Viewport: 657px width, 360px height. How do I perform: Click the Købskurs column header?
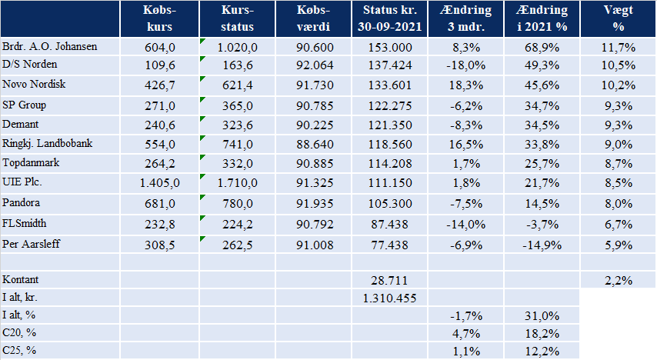click(x=160, y=18)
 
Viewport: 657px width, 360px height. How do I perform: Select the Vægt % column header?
click(x=618, y=18)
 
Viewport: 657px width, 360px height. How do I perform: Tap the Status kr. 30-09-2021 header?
click(x=390, y=18)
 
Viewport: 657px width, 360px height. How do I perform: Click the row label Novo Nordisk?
click(x=34, y=85)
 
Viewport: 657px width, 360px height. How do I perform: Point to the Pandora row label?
click(x=21, y=203)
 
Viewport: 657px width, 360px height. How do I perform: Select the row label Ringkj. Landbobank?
click(x=48, y=144)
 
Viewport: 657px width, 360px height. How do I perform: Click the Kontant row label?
click(x=20, y=279)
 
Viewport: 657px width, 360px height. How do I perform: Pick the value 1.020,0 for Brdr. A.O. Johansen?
click(x=237, y=48)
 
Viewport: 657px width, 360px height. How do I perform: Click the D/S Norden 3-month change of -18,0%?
click(x=465, y=65)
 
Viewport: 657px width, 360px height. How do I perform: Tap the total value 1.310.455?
click(x=390, y=298)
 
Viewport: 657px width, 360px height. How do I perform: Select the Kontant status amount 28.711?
click(x=390, y=280)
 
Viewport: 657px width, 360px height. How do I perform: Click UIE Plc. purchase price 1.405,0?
click(x=160, y=183)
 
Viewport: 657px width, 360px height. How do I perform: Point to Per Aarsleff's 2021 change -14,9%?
click(x=542, y=245)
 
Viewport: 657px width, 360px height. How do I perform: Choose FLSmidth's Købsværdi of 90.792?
click(x=315, y=224)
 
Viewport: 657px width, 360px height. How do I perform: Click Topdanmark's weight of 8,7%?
click(x=619, y=163)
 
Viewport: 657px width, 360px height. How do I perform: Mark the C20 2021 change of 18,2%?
click(x=542, y=334)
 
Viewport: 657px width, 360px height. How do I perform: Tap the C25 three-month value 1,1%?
click(x=466, y=352)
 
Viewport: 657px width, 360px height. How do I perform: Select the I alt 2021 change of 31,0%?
click(x=542, y=315)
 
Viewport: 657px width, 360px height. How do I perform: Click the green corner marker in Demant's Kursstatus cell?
click(x=202, y=118)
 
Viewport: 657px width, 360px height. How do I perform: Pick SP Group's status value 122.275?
click(x=390, y=105)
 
